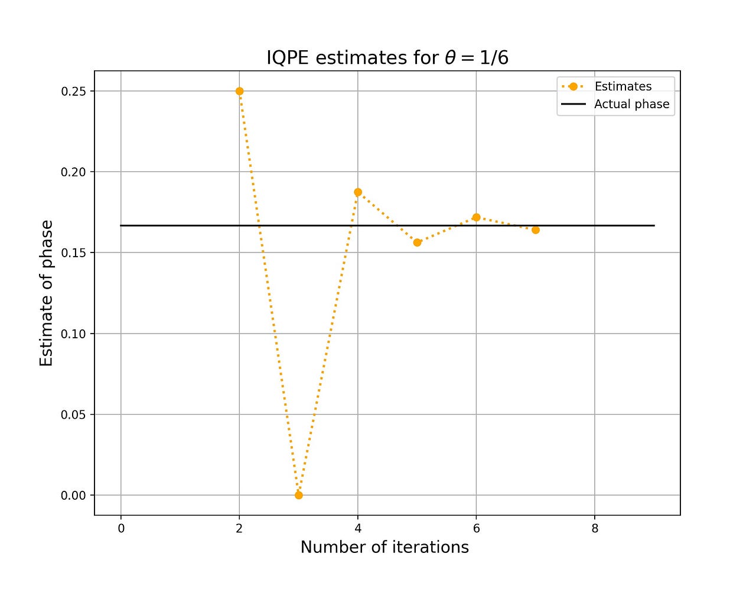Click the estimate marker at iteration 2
click(239, 91)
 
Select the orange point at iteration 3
click(299, 495)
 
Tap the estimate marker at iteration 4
click(358, 192)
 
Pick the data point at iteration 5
click(417, 242)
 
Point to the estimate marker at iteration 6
click(476, 217)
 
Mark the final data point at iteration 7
click(536, 229)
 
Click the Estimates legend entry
click(623, 86)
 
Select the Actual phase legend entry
click(631, 104)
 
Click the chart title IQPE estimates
click(387, 57)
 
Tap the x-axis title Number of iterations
click(384, 547)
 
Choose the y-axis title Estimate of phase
click(46, 293)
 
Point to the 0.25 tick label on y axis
click(73, 91)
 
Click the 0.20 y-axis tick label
click(73, 172)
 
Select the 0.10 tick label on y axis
click(73, 334)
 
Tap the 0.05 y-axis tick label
click(73, 415)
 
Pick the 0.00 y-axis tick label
click(73, 496)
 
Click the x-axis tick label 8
click(595, 529)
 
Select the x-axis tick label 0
click(121, 529)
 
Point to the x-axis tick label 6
click(476, 529)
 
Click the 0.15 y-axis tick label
click(73, 253)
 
